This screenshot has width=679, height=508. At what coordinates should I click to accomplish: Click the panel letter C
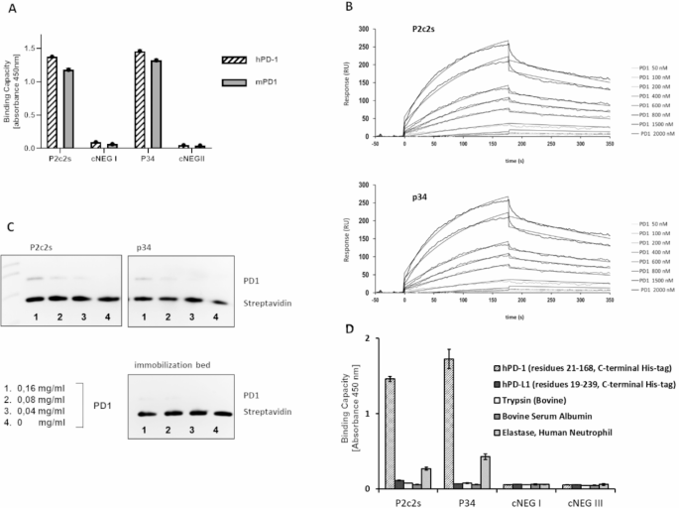point(9,227)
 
